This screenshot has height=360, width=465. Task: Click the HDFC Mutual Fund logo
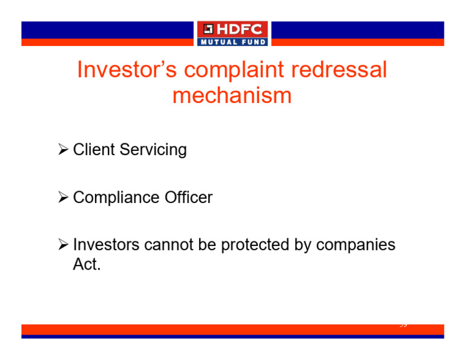232,34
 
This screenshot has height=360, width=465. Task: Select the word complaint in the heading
234,70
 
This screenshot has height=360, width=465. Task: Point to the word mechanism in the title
232,96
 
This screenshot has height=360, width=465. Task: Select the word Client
94,150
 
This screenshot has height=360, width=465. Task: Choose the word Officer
188,198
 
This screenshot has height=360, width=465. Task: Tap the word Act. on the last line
87,265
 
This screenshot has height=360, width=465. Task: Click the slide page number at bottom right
403,325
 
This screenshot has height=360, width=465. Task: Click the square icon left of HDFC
208,30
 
